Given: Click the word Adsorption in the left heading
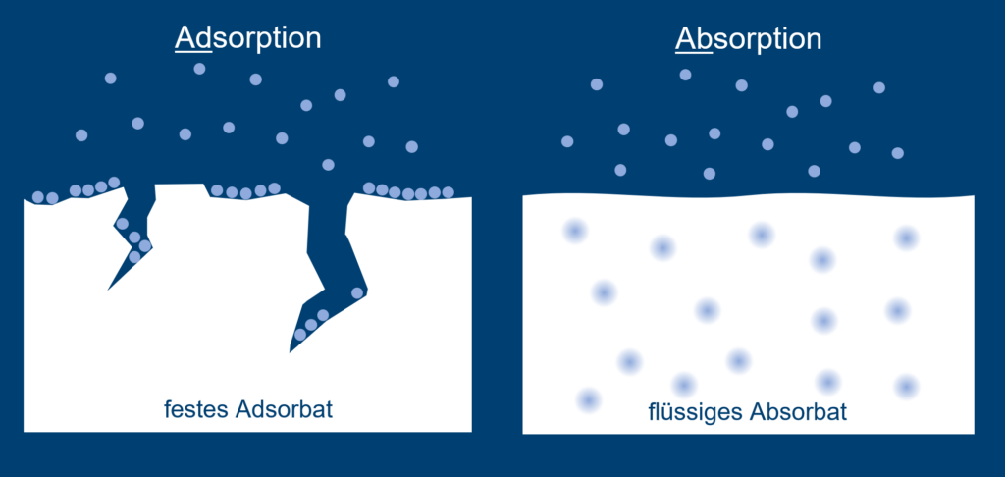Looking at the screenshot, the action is pos(248,38).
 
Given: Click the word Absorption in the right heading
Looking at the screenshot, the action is pos(749,39).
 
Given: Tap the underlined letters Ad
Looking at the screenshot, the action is pos(193,38).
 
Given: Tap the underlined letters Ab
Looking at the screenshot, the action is pos(694,39).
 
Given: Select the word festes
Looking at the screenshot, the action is pos(196,409).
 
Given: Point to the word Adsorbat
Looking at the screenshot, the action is pos(284,409).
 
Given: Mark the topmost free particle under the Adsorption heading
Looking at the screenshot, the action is pos(199,68).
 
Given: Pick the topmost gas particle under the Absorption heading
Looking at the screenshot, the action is pos(685,75).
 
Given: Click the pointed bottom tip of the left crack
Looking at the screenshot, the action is pos(108,290).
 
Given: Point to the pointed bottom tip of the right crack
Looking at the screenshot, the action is pos(290,352).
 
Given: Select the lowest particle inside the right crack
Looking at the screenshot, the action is pos(300,334).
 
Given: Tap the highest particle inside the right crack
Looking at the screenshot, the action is pos(357,293).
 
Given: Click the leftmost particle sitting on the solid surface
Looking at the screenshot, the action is pos(38,197).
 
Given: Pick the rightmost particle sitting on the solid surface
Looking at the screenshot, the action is pos(448,192).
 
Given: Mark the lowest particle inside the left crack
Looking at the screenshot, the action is pos(133,257).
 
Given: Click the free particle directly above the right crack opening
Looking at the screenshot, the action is pos(328,165).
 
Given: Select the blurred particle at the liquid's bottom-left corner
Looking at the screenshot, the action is pos(588,400).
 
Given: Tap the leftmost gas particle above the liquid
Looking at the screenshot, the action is pos(567,141).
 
